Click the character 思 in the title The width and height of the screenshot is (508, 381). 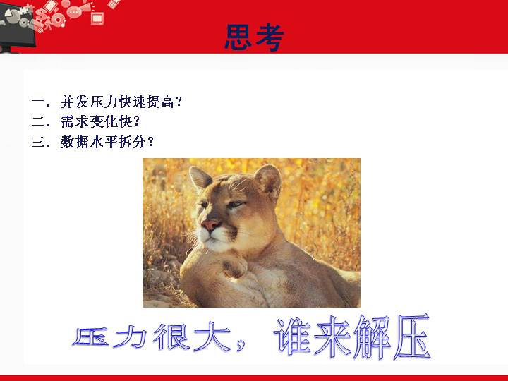(x=238, y=37)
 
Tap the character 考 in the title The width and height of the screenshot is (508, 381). (x=270, y=37)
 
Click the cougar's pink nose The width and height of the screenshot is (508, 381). (x=210, y=225)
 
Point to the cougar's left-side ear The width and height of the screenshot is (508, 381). (x=200, y=178)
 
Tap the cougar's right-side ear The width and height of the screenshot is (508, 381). (x=268, y=180)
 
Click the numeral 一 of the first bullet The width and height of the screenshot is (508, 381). (x=38, y=102)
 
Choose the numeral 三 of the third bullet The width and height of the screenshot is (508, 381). (x=38, y=143)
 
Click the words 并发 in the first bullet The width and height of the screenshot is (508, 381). (x=75, y=102)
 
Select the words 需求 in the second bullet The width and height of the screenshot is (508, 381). (x=75, y=122)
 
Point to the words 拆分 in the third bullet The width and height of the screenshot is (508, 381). (x=133, y=143)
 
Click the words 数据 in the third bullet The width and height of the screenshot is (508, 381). (x=75, y=143)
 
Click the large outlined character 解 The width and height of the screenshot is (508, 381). (x=373, y=337)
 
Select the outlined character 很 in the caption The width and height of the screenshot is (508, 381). (x=171, y=337)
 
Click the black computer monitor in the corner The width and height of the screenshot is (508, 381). (x=16, y=26)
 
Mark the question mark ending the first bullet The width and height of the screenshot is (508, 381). (x=179, y=102)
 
